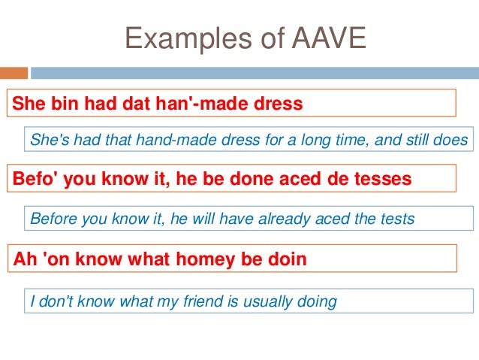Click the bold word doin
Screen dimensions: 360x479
pyautogui.click(x=288, y=261)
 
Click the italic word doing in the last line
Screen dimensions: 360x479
pyautogui.click(x=318, y=302)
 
